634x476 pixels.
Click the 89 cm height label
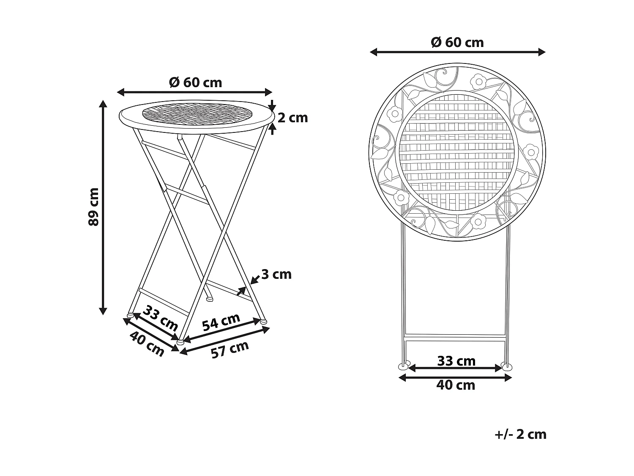[x=94, y=206]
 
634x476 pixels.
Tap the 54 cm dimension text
[x=221, y=322]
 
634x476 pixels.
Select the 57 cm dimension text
[x=230, y=349]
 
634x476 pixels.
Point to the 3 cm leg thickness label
[x=276, y=275]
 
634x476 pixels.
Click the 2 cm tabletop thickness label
[x=292, y=118]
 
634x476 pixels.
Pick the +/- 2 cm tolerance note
[x=520, y=434]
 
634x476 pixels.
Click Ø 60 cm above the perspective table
[x=195, y=83]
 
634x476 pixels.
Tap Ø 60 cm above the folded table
[x=457, y=43]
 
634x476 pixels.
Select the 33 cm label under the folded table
[x=456, y=361]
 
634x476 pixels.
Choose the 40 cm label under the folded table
[x=456, y=385]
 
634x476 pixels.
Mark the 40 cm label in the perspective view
[x=147, y=344]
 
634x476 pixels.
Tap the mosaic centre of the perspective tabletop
[x=195, y=113]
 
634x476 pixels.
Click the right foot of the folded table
[x=506, y=365]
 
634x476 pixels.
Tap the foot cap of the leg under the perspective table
[x=208, y=299]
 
